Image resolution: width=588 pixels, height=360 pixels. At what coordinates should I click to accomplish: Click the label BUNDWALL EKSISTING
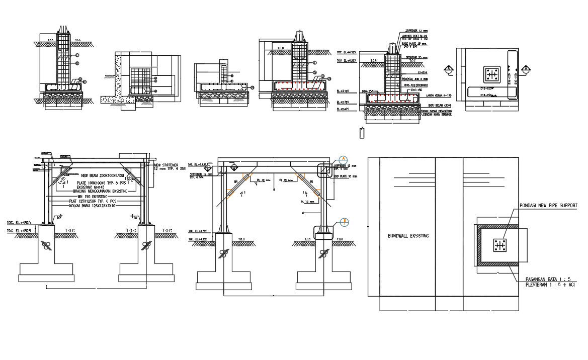[x=408, y=236]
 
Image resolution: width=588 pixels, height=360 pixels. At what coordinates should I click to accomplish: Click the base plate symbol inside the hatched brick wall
[x=499, y=245]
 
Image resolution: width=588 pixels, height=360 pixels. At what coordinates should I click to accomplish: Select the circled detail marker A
[x=344, y=159]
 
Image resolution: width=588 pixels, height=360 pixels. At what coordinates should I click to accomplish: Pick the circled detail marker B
[x=344, y=222]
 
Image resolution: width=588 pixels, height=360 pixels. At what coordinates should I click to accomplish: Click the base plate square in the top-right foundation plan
[x=491, y=75]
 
